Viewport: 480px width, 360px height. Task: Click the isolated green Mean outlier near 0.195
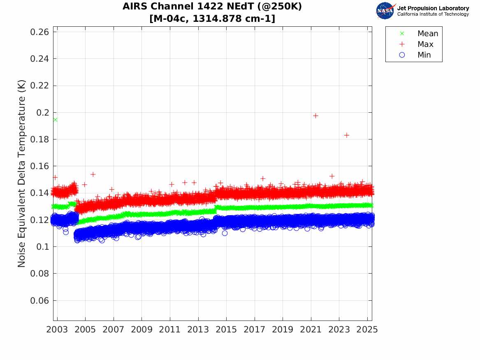coord(55,120)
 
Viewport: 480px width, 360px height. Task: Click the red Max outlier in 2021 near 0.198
coord(315,116)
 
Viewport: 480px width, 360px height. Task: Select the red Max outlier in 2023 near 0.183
coord(347,135)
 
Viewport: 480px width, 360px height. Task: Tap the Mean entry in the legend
coord(427,34)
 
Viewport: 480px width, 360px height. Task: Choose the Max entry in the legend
coord(425,44)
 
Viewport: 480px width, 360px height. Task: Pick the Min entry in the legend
coord(424,55)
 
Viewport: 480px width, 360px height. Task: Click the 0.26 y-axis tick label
coord(40,32)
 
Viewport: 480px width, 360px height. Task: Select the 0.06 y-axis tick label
coord(40,301)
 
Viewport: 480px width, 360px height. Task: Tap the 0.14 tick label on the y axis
coord(40,193)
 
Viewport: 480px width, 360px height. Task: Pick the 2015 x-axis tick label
coord(226,330)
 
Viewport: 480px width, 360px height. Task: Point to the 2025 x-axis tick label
coord(367,330)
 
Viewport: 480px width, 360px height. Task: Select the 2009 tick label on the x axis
coord(142,330)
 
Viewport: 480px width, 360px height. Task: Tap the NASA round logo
coord(385,11)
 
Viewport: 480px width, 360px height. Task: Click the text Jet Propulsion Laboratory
coord(433,8)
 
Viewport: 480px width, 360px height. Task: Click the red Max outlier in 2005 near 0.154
coord(93,174)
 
